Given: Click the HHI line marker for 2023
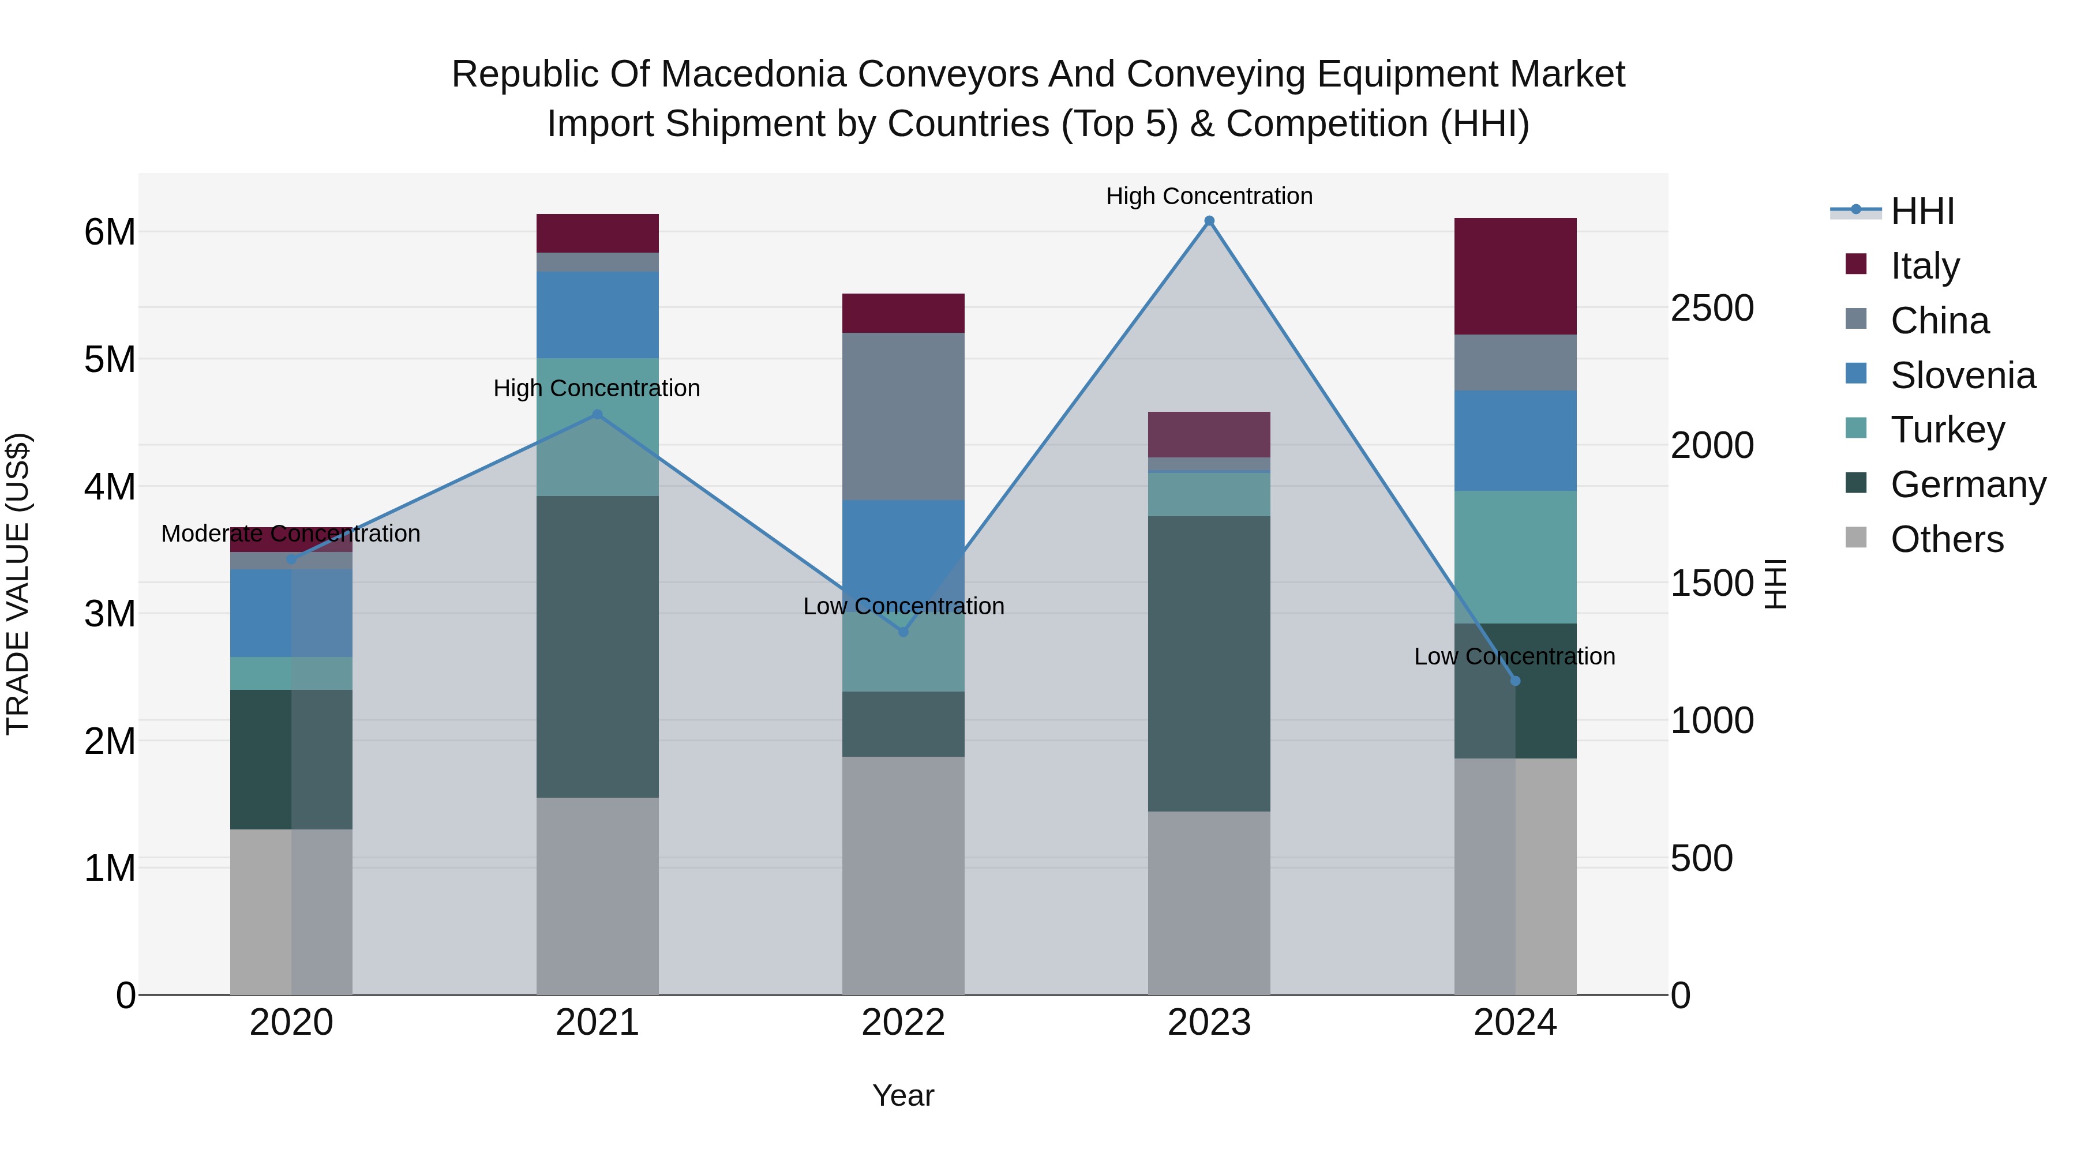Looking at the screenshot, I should (1209, 221).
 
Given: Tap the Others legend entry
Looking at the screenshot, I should (1947, 539).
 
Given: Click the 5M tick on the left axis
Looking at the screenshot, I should (110, 359).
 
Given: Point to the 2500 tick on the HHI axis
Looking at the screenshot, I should (1712, 308).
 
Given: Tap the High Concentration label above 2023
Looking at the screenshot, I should (1209, 196).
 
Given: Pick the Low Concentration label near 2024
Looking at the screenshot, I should (1514, 656).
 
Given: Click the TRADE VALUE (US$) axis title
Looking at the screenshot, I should (18, 584).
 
